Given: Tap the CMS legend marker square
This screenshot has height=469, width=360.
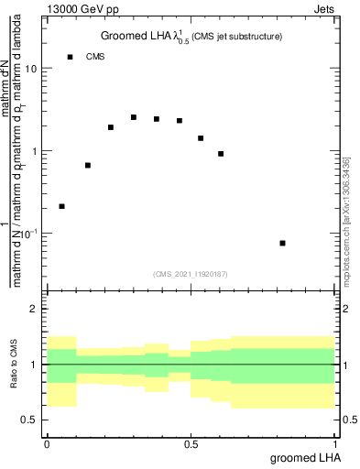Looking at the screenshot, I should tap(70, 57).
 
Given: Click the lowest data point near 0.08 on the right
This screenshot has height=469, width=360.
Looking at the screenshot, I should tap(282, 243).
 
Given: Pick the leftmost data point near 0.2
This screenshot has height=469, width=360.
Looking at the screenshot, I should tap(61, 206).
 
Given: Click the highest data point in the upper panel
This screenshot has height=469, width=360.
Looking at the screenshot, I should tap(134, 117).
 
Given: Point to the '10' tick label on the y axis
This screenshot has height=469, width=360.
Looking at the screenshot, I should tap(31, 69).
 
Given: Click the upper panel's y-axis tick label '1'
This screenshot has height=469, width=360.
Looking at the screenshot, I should tap(35, 150).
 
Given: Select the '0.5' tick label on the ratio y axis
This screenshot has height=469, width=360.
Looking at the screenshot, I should tap(30, 420).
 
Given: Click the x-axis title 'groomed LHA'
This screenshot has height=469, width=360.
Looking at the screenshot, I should tap(303, 457).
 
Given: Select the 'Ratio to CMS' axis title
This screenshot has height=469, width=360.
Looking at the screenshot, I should tap(13, 365).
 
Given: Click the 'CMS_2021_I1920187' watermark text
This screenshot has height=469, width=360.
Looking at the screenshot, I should tap(191, 273).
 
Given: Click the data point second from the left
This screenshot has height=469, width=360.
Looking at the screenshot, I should tap(88, 165).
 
